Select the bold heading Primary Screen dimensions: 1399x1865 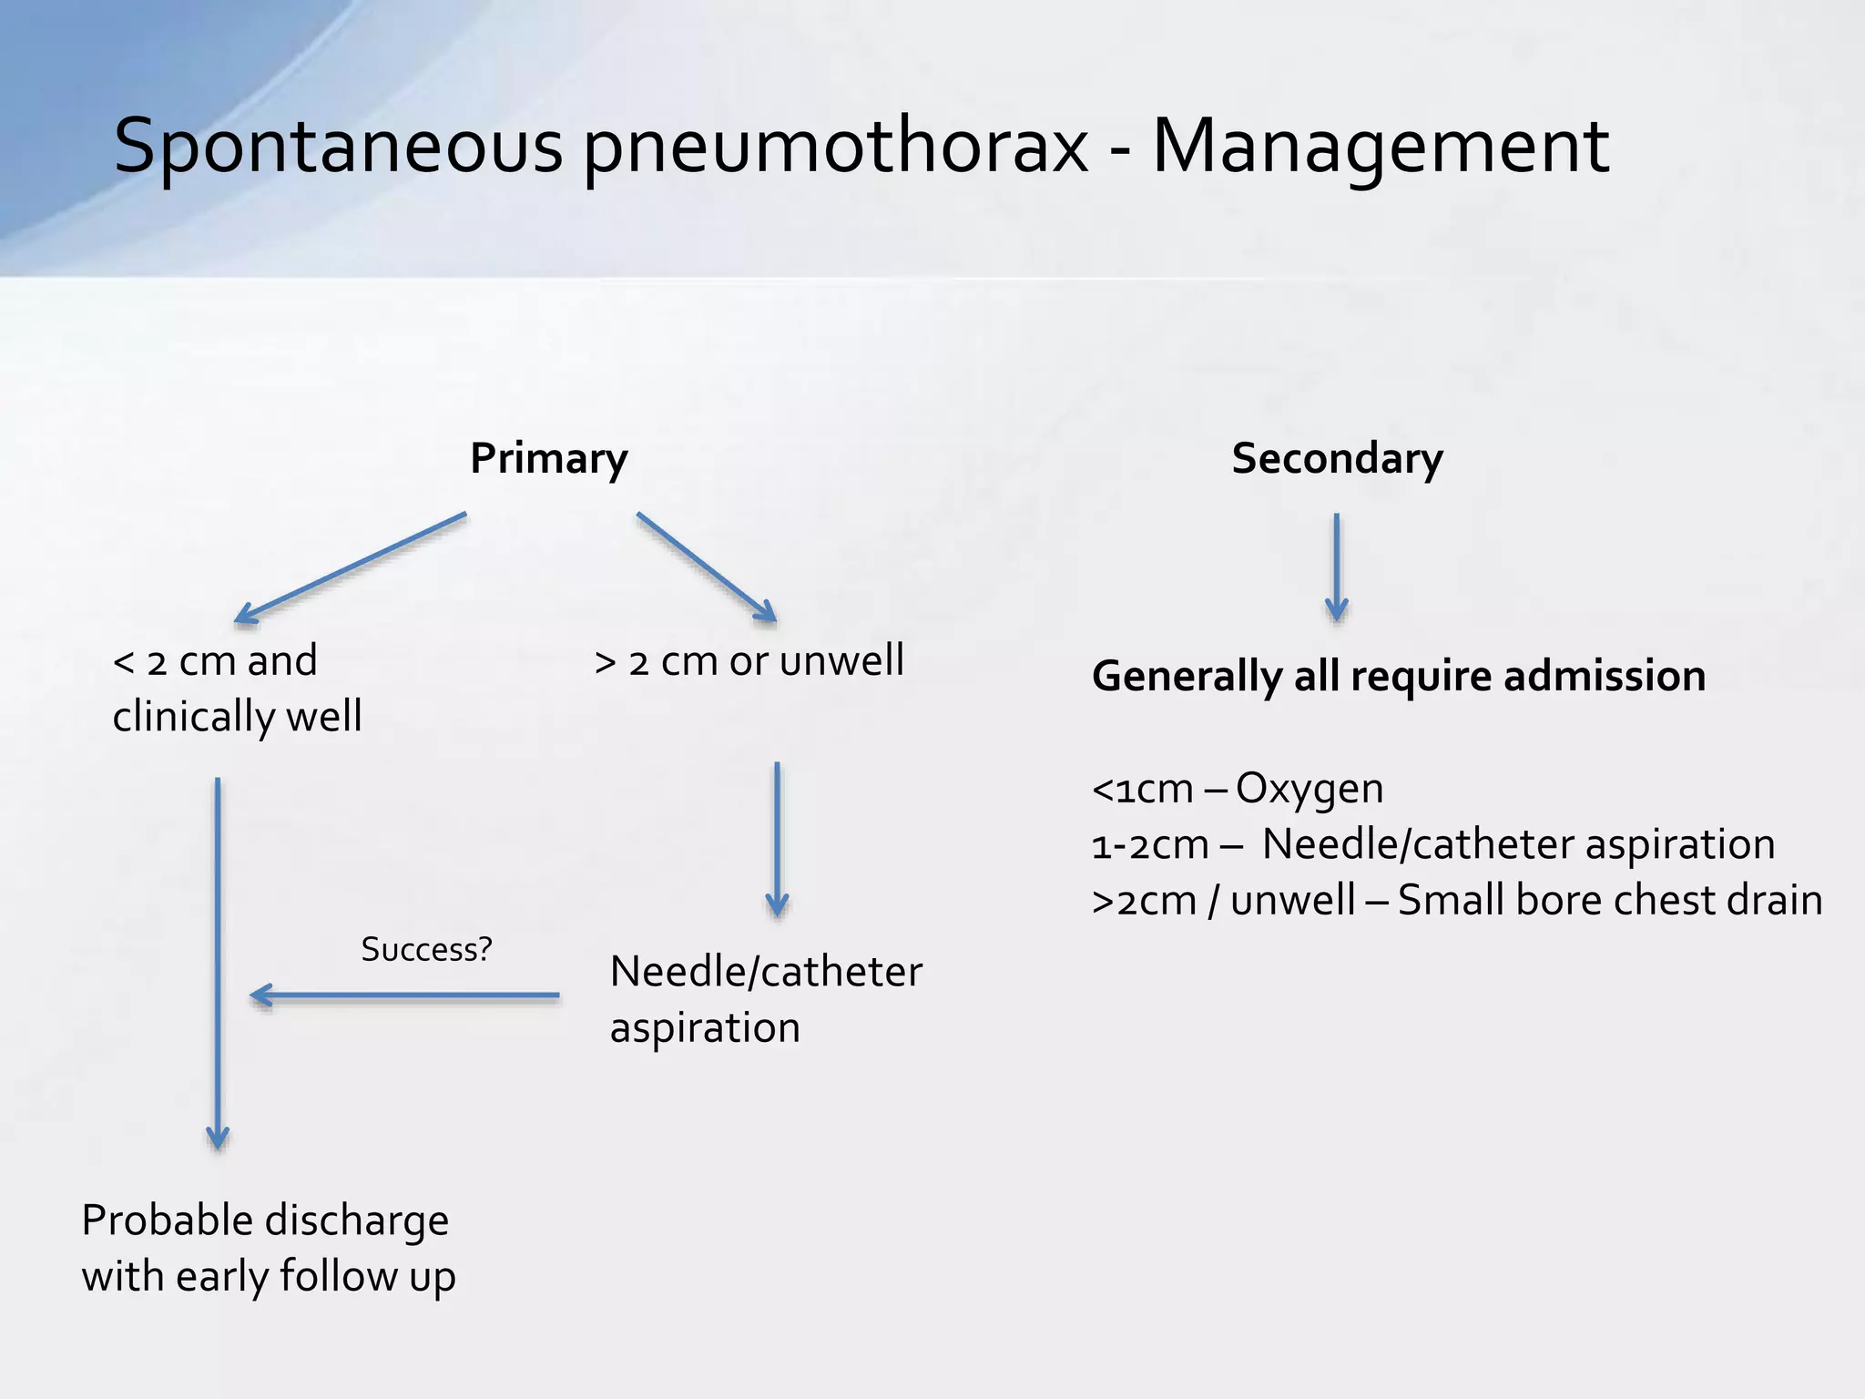pos(548,458)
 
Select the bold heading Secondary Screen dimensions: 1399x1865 pos(1337,458)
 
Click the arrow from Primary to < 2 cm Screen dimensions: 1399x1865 pos(351,568)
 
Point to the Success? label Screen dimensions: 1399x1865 pos(426,949)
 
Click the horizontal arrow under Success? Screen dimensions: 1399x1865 pos(405,996)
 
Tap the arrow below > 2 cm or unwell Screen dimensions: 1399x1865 pos(777,838)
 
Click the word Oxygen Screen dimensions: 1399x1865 pos(1309,789)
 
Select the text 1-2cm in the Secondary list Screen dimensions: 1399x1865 pos(1149,845)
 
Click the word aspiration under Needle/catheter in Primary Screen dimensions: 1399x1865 pos(705,1028)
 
